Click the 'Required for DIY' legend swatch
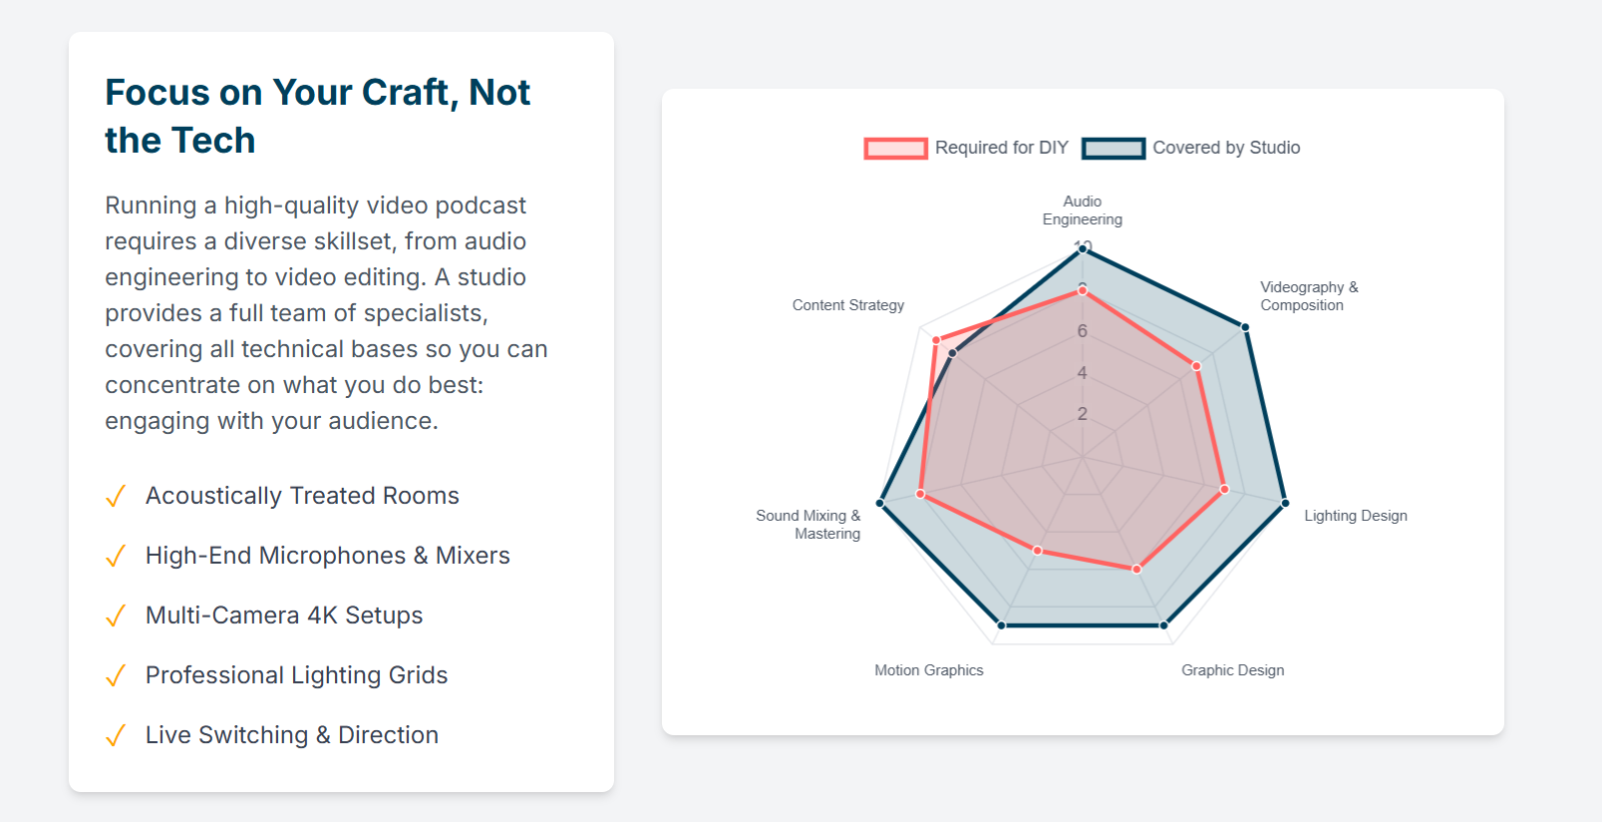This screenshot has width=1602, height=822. coord(895,148)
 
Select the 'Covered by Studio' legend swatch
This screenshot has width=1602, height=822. coord(1113,148)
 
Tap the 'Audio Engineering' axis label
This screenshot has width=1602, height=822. coord(1082,210)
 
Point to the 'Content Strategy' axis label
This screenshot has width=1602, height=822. coord(848,305)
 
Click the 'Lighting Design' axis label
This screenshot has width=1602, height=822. coord(1355,516)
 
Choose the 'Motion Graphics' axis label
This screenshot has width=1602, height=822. coord(928,670)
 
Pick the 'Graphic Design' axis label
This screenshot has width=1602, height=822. coord(1232,670)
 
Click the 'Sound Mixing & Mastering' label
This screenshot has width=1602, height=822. coord(808,525)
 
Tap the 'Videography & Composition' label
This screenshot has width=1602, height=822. coord(1309,296)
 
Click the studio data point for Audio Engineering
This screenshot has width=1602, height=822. coord(1082,249)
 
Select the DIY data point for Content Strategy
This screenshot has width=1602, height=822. coord(936,340)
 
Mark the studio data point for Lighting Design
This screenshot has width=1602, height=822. coord(1285,504)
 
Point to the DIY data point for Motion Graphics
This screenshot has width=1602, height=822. coord(1038,551)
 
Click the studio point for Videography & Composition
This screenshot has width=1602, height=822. coord(1245,327)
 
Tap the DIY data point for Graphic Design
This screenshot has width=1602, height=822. coord(1136,570)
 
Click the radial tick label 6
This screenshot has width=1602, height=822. coord(1082,331)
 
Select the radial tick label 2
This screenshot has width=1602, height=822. coord(1082,414)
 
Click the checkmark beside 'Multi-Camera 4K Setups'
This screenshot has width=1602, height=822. coord(116,616)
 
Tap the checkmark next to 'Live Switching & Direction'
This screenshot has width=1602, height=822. coord(116,735)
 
